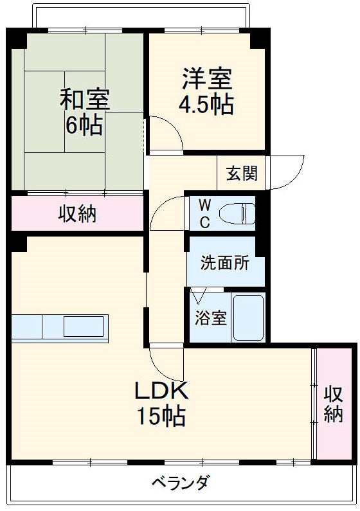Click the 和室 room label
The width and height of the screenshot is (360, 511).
(85, 99)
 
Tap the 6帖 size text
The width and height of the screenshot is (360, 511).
(84, 125)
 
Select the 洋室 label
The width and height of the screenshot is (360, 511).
(207, 78)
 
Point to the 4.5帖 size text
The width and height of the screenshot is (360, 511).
(206, 104)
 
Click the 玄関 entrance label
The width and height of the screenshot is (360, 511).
(242, 173)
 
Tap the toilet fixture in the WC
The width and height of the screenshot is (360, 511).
(237, 213)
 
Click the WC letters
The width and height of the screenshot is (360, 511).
(204, 214)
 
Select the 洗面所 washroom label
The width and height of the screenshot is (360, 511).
(225, 262)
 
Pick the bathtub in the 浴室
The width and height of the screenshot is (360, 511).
(249, 318)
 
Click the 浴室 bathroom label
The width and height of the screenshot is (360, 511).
(211, 318)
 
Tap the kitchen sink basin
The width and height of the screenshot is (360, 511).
(84, 327)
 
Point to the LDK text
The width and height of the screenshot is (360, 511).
(161, 391)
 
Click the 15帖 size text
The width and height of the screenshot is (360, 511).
(161, 416)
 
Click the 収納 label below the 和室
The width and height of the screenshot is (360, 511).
(77, 214)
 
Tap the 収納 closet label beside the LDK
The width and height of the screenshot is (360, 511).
(333, 404)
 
